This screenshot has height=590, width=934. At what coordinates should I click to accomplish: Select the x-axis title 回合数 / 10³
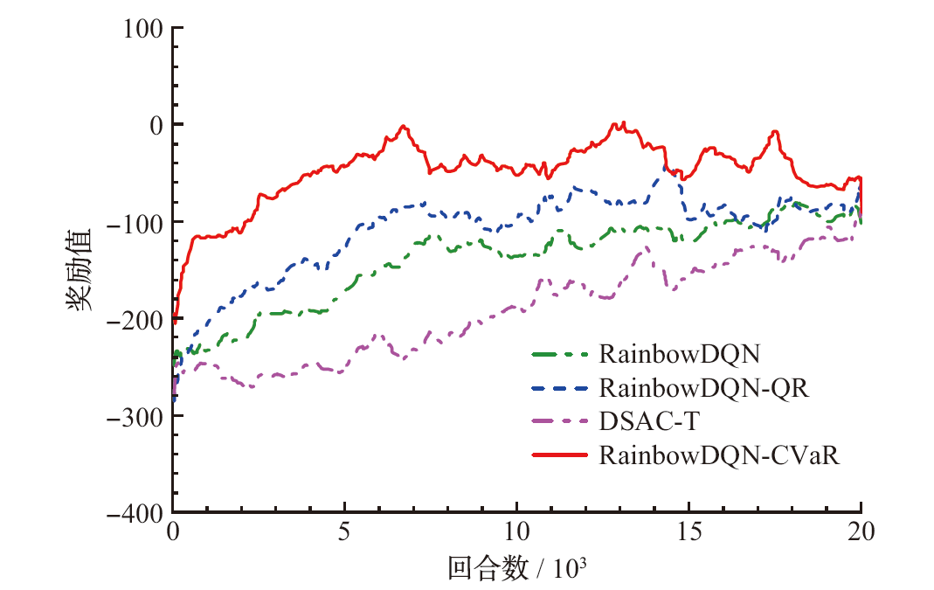coord(516,569)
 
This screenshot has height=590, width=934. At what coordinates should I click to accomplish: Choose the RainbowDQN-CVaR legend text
coord(719,455)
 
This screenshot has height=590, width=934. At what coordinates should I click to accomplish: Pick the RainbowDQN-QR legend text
coord(704,388)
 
